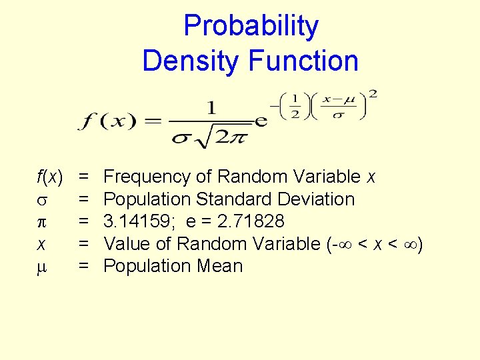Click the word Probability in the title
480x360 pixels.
(251, 27)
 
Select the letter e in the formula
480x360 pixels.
(261, 122)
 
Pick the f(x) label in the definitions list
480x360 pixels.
(50, 177)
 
